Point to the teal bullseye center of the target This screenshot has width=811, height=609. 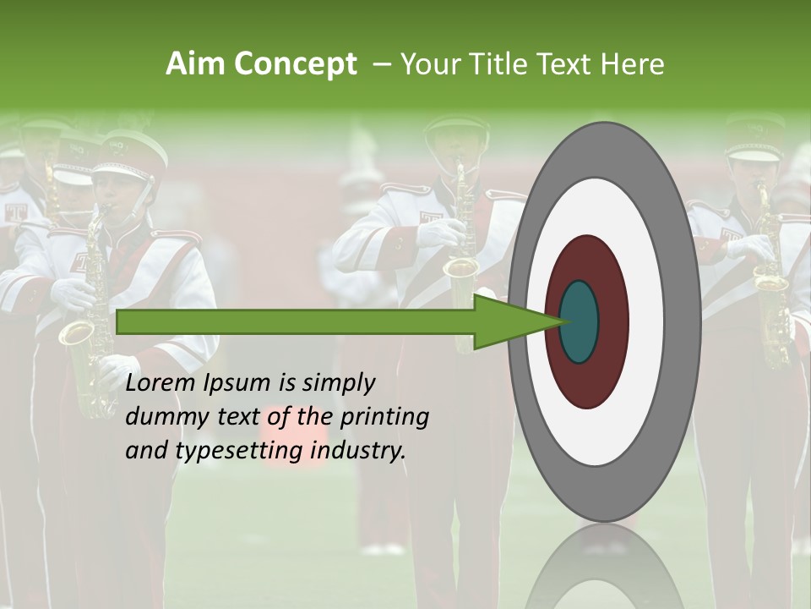click(579, 321)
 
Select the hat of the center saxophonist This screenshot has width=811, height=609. click(456, 127)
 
